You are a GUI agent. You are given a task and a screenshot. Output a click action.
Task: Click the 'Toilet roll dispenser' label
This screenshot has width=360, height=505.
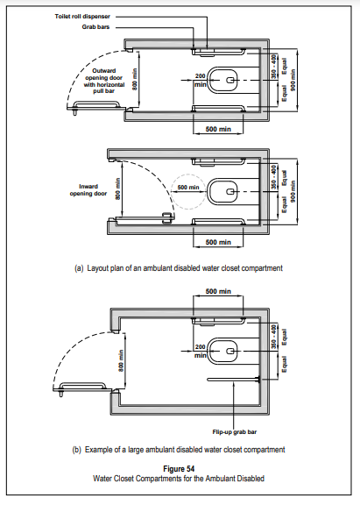tap(82, 17)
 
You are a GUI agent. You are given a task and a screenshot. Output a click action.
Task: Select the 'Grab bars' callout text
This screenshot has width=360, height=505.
tap(95, 27)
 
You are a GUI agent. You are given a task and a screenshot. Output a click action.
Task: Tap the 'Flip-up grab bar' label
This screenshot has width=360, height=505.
tap(235, 432)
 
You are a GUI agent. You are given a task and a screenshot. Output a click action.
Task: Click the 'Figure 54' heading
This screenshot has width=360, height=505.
tap(179, 468)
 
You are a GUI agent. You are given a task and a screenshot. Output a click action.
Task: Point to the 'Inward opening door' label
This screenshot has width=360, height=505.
tap(88, 190)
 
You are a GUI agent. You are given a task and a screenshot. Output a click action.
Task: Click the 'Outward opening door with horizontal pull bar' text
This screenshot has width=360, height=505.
tap(104, 81)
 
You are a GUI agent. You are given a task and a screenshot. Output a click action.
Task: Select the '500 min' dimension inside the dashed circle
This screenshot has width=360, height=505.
tap(188, 188)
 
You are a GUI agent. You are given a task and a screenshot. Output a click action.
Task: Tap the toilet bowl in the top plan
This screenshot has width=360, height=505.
tap(223, 80)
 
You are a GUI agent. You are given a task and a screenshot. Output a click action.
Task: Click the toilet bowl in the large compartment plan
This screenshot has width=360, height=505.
tap(223, 351)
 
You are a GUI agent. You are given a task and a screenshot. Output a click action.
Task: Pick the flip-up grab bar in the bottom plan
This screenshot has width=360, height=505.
tap(234, 380)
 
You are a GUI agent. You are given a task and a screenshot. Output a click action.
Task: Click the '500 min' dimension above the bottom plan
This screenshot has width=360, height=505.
tap(218, 291)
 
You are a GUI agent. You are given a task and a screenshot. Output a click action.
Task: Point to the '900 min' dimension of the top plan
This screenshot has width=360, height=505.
tap(293, 80)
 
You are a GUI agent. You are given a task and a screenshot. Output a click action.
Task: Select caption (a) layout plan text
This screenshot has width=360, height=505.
tap(179, 268)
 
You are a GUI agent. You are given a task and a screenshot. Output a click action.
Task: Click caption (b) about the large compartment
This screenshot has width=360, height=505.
tap(179, 450)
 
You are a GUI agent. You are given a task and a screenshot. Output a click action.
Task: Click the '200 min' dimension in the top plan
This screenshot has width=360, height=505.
tap(200, 80)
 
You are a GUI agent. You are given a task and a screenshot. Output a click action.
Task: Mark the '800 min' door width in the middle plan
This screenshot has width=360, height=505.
tap(118, 189)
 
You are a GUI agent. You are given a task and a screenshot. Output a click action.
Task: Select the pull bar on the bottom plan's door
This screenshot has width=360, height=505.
tap(83, 386)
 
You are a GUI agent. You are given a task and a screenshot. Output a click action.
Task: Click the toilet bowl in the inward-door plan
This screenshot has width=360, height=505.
tap(223, 192)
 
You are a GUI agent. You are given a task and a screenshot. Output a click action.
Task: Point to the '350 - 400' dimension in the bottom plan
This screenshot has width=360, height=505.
tap(273, 337)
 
